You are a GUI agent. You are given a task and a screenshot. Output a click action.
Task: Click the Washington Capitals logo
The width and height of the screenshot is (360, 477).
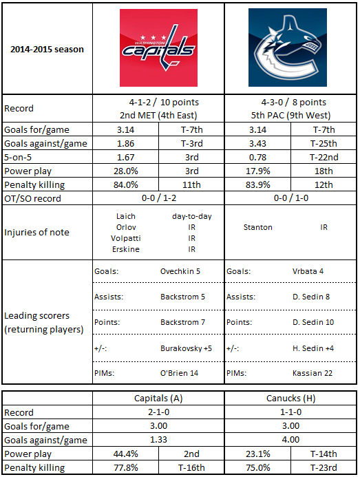(x=158, y=47)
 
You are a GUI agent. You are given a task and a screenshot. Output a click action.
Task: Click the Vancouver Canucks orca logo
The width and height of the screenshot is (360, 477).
(x=288, y=47)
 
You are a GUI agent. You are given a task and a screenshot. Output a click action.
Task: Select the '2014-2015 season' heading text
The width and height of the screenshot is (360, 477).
(x=47, y=50)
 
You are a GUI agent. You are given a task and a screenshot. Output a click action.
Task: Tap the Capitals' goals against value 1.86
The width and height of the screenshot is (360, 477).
(x=125, y=143)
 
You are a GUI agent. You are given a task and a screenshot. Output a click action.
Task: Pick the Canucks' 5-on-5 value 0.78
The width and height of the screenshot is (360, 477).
(x=257, y=157)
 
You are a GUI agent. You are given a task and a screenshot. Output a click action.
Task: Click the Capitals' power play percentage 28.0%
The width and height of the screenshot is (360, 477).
(x=126, y=171)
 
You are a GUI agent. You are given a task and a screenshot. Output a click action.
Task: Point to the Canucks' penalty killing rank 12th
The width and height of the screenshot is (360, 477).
(x=324, y=184)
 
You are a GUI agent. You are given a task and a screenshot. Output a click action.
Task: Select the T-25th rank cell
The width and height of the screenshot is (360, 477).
(x=324, y=143)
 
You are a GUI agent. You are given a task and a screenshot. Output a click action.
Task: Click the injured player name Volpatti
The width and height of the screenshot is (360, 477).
(x=126, y=238)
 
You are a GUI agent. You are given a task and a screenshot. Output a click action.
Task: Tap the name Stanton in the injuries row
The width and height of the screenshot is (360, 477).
(x=257, y=227)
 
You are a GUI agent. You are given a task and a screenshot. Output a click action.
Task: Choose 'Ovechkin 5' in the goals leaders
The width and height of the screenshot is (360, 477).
(x=180, y=271)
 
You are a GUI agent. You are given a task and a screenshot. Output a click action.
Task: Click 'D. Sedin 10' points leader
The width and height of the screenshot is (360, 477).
(x=313, y=322)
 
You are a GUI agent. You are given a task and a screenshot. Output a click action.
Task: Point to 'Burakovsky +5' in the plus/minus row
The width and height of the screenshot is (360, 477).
(x=186, y=348)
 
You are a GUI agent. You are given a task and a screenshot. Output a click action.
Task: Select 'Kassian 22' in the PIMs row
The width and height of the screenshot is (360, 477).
(x=313, y=373)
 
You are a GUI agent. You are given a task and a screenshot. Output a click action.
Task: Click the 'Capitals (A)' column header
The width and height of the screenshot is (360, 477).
(x=158, y=399)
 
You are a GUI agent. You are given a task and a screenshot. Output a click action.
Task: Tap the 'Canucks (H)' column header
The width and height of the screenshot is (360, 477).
(x=290, y=399)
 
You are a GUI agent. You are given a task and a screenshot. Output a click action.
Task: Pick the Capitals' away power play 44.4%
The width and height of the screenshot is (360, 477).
(x=126, y=454)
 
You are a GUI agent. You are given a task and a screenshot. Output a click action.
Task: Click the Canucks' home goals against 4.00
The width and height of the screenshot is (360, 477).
(x=290, y=440)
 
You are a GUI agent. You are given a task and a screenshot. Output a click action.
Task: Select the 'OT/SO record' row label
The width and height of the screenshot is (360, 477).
(x=32, y=198)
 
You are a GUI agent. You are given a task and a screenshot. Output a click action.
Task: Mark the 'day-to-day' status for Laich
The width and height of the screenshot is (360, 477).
(x=192, y=216)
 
